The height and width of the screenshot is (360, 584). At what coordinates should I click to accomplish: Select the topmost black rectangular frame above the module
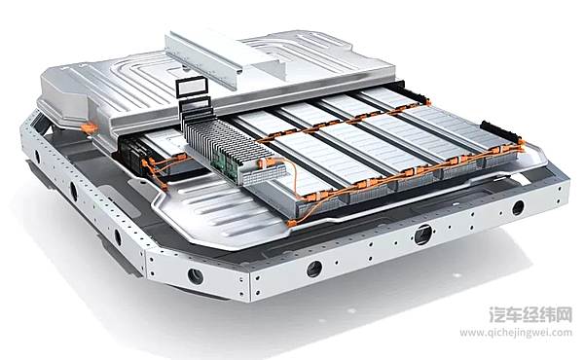click(191, 88)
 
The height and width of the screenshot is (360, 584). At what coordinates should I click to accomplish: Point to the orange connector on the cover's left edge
click(90, 128)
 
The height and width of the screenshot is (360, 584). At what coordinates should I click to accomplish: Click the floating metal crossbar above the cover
click(223, 56)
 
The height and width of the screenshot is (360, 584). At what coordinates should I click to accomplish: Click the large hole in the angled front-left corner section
click(196, 276)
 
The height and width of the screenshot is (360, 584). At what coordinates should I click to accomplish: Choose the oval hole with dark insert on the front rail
click(423, 234)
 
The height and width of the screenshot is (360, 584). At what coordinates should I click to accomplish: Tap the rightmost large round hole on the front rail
click(518, 207)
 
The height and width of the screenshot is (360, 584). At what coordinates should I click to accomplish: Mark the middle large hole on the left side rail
click(74, 191)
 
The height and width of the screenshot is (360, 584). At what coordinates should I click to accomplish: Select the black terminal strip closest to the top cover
click(405, 92)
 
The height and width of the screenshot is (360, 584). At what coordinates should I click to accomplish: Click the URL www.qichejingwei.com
click(516, 333)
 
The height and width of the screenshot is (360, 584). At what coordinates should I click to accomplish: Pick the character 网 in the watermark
click(564, 314)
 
